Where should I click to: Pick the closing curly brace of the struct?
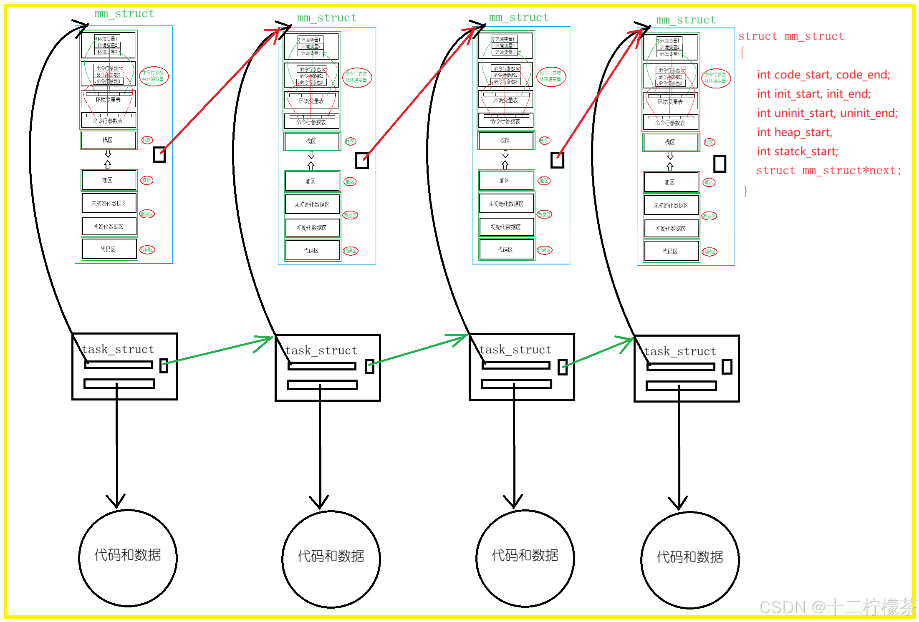pyautogui.click(x=745, y=191)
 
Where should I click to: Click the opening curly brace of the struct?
pyautogui.click(x=742, y=53)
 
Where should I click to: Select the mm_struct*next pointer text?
pyautogui.click(x=851, y=171)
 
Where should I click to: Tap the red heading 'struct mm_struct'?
pyautogui.click(x=791, y=36)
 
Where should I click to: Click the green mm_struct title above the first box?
pyautogui.click(x=124, y=14)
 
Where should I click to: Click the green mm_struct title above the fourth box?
pyautogui.click(x=686, y=20)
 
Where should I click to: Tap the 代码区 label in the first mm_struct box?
pyautogui.click(x=147, y=250)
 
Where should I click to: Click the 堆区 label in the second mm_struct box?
pyautogui.click(x=350, y=181)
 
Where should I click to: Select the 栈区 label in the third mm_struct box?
pyautogui.click(x=545, y=141)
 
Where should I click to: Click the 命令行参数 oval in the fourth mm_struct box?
pyautogui.click(x=716, y=78)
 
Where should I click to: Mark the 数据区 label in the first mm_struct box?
pyautogui.click(x=147, y=214)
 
